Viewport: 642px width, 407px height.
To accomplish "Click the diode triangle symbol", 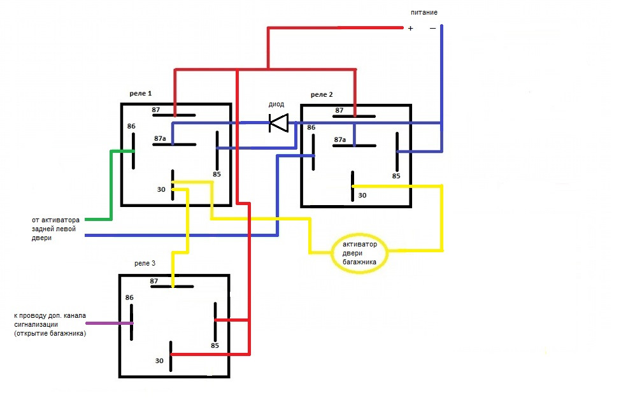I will pyautogui.click(x=279, y=122).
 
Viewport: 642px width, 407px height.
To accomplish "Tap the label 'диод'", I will pyautogui.click(x=276, y=104).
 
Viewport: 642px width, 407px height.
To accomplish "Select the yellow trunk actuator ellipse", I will pyautogui.click(x=360, y=253).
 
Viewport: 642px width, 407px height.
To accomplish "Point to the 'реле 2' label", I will pyautogui.click(x=322, y=94).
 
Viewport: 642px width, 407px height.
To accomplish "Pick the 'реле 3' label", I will pyautogui.click(x=144, y=262).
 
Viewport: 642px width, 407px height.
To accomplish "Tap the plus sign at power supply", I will pyautogui.click(x=410, y=29).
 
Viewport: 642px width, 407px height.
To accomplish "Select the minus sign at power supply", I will pyautogui.click(x=432, y=28).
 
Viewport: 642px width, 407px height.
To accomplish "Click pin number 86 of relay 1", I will pyautogui.click(x=131, y=126).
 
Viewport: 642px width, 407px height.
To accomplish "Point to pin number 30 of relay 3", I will pyautogui.click(x=159, y=361).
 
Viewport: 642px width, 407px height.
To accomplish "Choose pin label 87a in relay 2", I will pyautogui.click(x=340, y=139).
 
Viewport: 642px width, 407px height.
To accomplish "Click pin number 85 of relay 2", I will pyautogui.click(x=396, y=176).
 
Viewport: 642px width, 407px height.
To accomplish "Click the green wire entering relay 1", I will pyautogui.click(x=112, y=185).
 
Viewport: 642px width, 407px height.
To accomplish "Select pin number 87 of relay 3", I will pyautogui.click(x=154, y=280).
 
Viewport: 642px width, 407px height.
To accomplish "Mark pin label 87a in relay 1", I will pyautogui.click(x=160, y=138).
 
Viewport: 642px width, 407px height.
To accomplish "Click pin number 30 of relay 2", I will pyautogui.click(x=362, y=195).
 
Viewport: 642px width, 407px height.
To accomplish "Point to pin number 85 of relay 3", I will pyautogui.click(x=215, y=346).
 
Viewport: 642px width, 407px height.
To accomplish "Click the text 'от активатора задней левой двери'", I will pyautogui.click(x=58, y=229).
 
